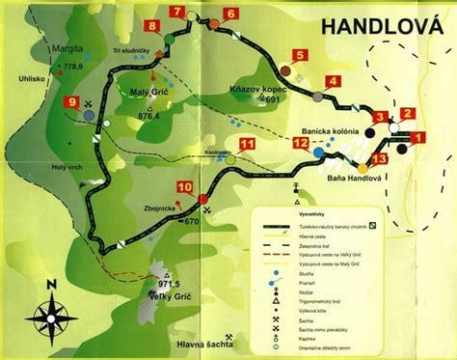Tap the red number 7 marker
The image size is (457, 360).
[177, 12]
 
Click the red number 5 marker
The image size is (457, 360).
[300, 55]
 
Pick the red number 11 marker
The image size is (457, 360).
[247, 145]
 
